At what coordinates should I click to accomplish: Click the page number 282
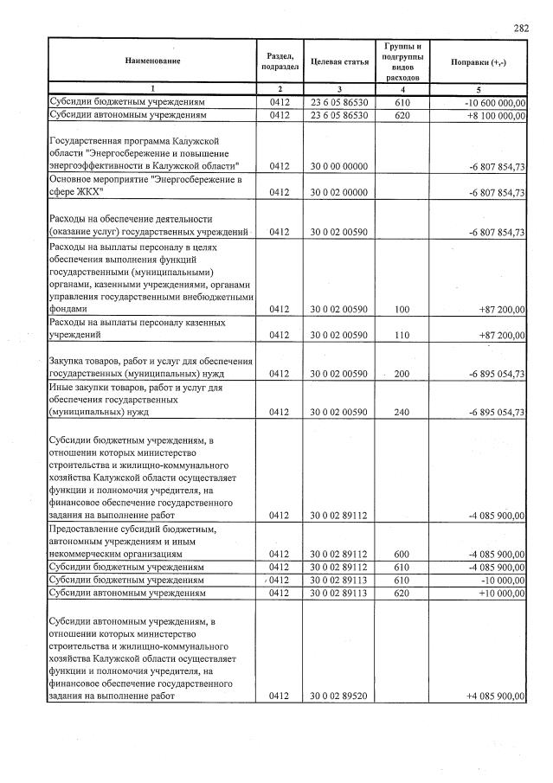coord(521,29)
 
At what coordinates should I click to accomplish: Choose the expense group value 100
coord(400,309)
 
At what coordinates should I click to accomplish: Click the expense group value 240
coord(400,413)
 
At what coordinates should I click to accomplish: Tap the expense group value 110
coord(400,335)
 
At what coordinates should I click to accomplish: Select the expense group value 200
coord(400,374)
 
